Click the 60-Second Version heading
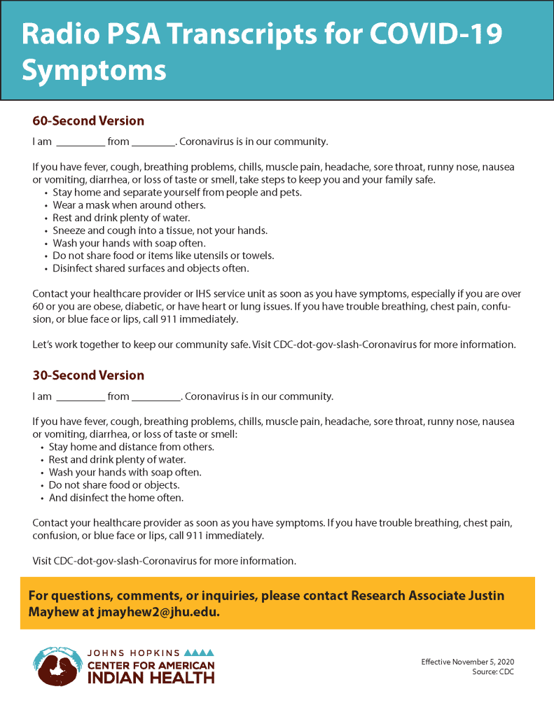pyautogui.click(x=88, y=121)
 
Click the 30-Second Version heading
pyautogui.click(x=88, y=375)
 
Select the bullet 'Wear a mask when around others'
pyautogui.click(x=129, y=205)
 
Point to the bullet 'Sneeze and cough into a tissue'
pyautogui.click(x=160, y=230)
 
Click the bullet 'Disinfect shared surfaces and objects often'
pyautogui.click(x=151, y=268)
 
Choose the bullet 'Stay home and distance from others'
pyautogui.click(x=132, y=447)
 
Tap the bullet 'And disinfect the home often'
pyautogui.click(x=116, y=498)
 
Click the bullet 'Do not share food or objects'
pyautogui.click(x=114, y=485)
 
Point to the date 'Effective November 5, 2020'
pyautogui.click(x=467, y=662)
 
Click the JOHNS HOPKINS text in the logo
pyautogui.click(x=134, y=653)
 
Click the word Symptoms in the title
pyautogui.click(x=94, y=70)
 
